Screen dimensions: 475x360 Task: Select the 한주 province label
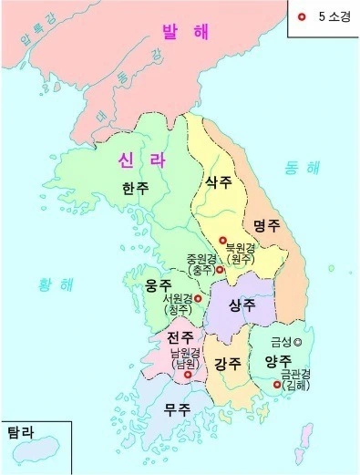point(136,188)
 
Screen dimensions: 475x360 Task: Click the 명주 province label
point(268,223)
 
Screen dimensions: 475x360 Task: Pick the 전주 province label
point(180,338)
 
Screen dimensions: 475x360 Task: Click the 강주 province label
point(229,364)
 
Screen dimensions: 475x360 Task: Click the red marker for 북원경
point(222,240)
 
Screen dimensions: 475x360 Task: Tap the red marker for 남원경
point(189,374)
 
